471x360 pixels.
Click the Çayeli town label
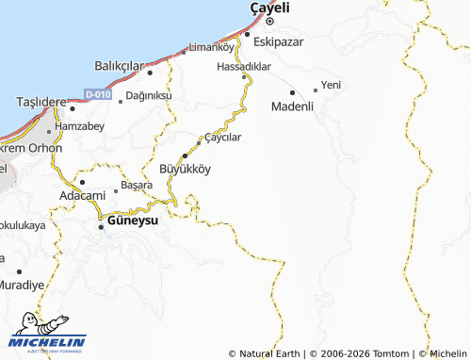tap(268, 8)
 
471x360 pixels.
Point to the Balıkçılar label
tap(118, 65)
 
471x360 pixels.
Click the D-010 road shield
tap(97, 94)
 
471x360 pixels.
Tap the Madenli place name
tap(292, 106)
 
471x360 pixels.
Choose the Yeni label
tap(331, 85)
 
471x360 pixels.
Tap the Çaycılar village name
tap(223, 138)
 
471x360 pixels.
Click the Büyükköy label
tap(186, 169)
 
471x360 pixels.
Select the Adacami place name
tap(82, 195)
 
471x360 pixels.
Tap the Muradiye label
tap(22, 284)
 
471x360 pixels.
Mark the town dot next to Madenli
tap(293, 92)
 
